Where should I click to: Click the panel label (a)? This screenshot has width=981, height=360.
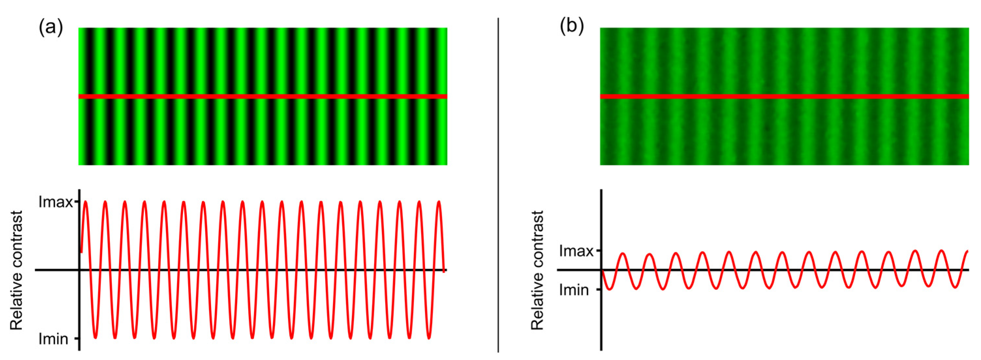(x=51, y=27)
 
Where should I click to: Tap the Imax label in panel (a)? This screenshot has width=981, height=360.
(x=55, y=202)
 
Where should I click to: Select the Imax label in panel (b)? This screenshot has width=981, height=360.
(x=576, y=251)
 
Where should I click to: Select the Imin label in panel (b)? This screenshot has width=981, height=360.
(x=574, y=290)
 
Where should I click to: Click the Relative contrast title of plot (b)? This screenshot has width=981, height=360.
(x=537, y=270)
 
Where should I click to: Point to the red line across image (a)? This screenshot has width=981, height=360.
(x=263, y=97)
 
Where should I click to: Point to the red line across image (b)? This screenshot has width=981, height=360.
(x=784, y=97)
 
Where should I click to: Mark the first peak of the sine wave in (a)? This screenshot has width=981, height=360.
(x=85, y=202)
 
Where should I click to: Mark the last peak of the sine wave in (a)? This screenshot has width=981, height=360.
(x=439, y=202)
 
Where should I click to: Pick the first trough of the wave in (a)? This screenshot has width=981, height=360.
(x=95, y=337)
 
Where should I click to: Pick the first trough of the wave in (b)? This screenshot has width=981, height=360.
(x=610, y=290)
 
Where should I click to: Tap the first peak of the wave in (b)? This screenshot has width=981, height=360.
(x=623, y=253)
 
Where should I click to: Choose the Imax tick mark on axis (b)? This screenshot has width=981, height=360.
(x=599, y=251)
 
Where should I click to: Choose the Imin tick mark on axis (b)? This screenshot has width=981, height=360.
(x=599, y=290)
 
